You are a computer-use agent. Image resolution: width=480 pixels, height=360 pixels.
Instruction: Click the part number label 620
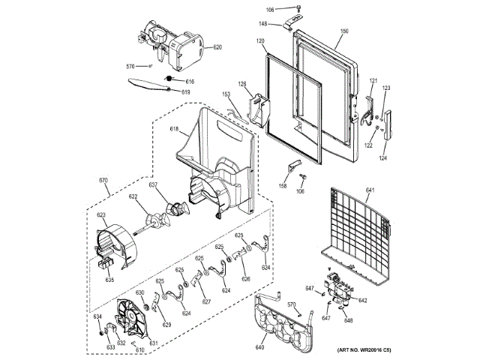point(217,47)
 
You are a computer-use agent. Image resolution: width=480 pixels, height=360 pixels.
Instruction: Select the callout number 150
point(344,31)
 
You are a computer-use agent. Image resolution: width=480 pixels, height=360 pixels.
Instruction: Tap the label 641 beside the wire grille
point(370,190)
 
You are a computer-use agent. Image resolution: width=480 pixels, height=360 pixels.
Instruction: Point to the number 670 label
point(104,180)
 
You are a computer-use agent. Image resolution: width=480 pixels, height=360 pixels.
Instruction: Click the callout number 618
point(174,130)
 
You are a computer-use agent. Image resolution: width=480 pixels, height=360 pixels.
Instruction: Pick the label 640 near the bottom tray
point(259,346)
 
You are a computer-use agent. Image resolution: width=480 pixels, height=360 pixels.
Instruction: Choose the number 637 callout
point(152,184)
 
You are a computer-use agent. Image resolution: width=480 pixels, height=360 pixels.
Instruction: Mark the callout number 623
point(100,215)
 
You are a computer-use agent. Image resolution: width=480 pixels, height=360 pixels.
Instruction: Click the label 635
point(109,280)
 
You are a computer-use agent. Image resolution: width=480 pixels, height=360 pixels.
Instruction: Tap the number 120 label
point(261,40)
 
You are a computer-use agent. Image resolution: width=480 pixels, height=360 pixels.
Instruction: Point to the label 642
point(363,300)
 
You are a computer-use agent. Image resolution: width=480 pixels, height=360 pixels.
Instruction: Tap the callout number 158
point(283,185)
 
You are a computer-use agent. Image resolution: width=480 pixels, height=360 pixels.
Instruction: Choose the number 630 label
point(139,292)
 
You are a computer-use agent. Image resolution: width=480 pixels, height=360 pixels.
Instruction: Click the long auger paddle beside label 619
point(150,83)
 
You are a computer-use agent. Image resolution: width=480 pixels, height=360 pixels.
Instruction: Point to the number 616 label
point(190,81)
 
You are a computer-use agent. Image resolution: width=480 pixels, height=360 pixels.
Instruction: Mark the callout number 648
point(348,320)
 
